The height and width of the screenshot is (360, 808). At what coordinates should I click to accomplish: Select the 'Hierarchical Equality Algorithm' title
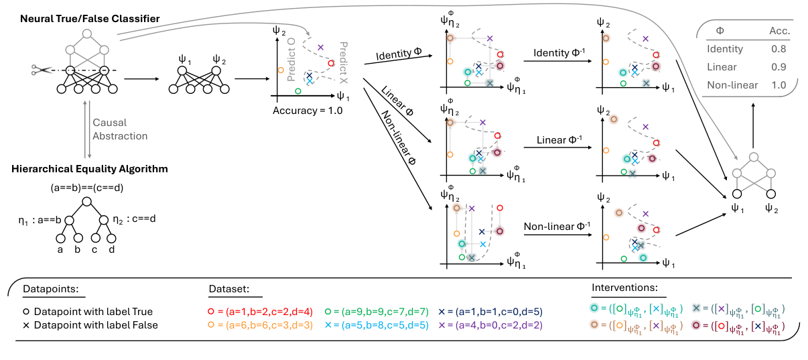pos(90,169)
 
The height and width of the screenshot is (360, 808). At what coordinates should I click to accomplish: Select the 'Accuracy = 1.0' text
pos(308,111)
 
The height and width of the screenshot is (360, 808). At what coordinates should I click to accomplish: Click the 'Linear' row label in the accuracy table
pos(722,67)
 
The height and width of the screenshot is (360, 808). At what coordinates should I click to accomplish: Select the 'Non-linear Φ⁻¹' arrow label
pos(557,226)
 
